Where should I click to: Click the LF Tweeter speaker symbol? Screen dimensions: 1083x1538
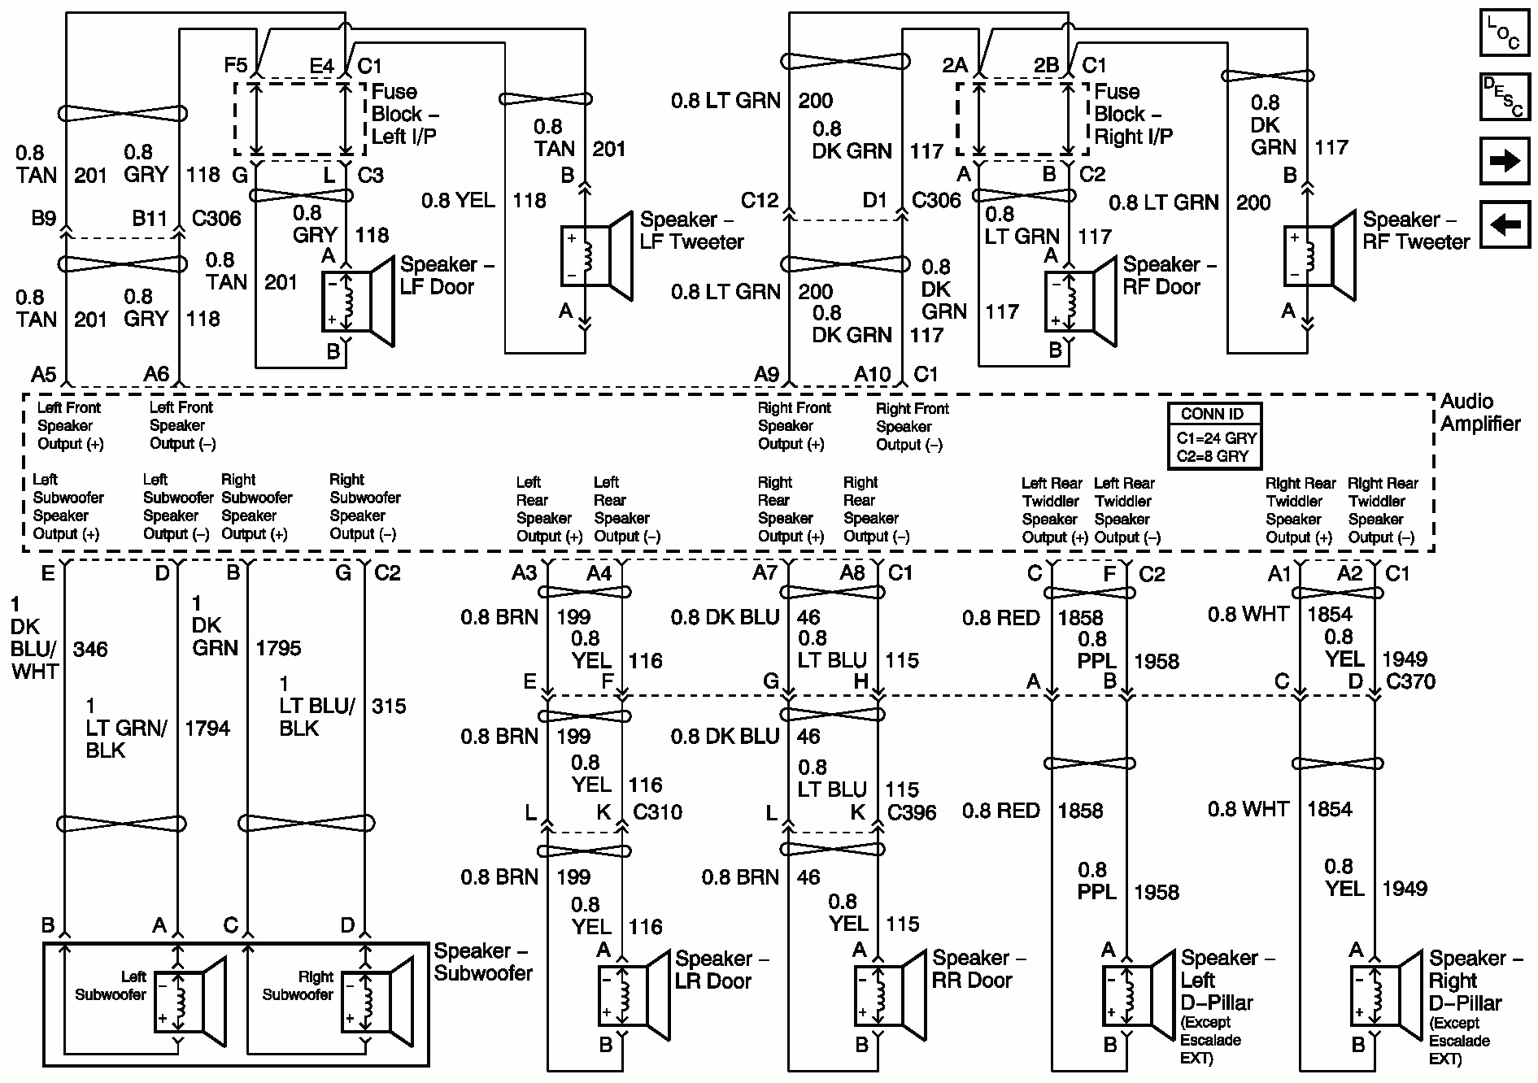(x=598, y=256)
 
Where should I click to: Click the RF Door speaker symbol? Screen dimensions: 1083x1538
(x=1080, y=302)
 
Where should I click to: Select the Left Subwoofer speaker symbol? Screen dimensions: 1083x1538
(x=190, y=1002)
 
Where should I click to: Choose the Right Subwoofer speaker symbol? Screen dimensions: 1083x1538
(x=377, y=1002)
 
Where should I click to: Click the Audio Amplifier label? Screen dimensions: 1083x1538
(x=1479, y=412)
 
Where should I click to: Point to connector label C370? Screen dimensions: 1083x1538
(x=1409, y=681)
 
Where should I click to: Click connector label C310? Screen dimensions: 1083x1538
(x=657, y=811)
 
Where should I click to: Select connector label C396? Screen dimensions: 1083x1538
(x=912, y=812)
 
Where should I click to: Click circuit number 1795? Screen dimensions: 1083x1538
(x=278, y=648)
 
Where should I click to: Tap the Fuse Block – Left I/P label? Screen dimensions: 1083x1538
(x=404, y=114)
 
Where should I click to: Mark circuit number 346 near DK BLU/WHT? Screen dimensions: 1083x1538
(x=89, y=649)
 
